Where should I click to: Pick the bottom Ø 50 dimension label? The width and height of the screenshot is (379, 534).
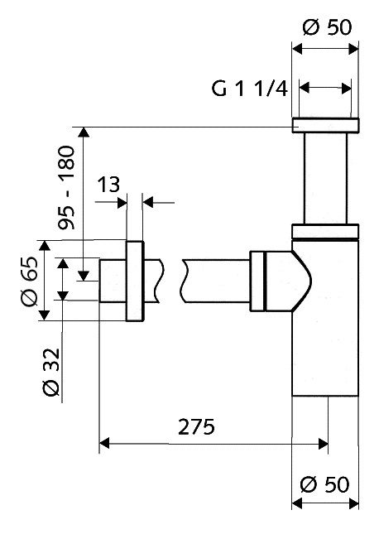(x=324, y=483)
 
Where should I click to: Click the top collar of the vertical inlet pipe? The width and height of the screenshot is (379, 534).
(x=325, y=126)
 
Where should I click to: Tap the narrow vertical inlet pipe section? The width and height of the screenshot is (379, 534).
(x=325, y=178)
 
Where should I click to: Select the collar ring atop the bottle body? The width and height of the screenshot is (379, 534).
(x=325, y=232)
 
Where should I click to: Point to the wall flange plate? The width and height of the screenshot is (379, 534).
(x=134, y=281)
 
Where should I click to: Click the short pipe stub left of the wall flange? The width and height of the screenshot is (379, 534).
(x=112, y=281)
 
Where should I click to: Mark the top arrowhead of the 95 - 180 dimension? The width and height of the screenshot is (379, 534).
(x=84, y=132)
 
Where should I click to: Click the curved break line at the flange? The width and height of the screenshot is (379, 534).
(x=153, y=281)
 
